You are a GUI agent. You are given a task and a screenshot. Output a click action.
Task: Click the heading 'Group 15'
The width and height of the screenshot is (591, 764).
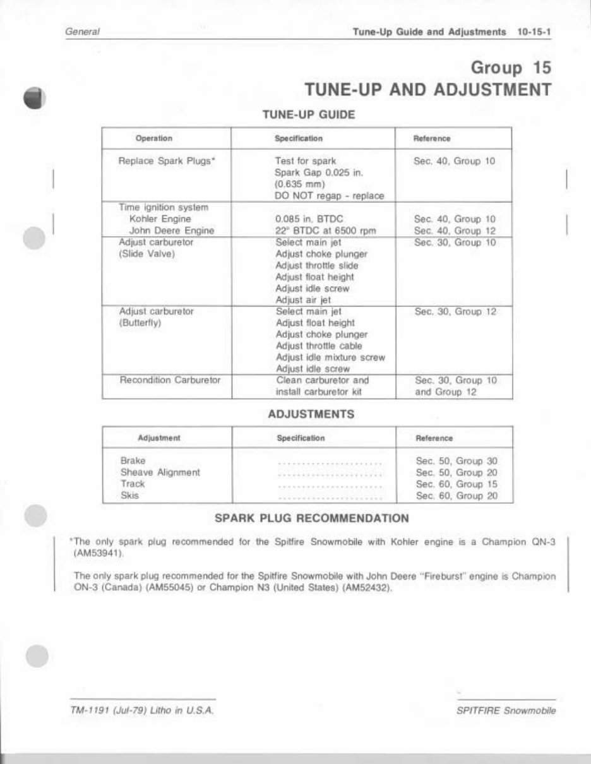(x=511, y=68)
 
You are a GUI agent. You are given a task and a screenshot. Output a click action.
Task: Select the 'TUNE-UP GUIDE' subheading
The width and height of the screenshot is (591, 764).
(x=309, y=115)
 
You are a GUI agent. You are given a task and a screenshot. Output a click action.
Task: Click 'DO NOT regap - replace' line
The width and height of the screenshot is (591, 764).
(x=330, y=196)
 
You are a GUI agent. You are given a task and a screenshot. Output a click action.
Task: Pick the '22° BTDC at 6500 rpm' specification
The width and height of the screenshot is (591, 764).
(x=326, y=230)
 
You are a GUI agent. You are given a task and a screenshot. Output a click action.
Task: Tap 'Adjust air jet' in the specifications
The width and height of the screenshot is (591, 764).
(x=303, y=300)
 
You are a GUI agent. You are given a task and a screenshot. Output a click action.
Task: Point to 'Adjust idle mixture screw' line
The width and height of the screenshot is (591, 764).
(x=330, y=357)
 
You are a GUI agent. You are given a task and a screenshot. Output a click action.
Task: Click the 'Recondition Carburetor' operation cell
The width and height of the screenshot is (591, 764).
(x=170, y=381)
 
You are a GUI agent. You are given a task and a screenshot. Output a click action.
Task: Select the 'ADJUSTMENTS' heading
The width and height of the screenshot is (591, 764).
(x=311, y=415)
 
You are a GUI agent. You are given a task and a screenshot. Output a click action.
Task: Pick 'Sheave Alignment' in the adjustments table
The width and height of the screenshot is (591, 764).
(x=160, y=472)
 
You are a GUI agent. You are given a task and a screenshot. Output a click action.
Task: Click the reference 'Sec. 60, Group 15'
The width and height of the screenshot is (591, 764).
(x=457, y=484)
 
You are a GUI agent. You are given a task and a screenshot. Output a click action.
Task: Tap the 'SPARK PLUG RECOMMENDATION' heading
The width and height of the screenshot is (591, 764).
(x=312, y=518)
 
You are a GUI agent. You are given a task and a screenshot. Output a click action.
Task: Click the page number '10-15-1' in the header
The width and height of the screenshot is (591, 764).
(x=534, y=31)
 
